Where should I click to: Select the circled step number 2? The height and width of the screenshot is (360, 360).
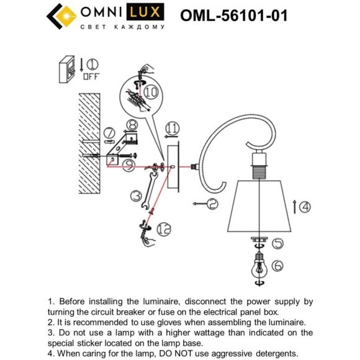point(212,203)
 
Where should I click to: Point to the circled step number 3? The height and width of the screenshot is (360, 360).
point(136,197)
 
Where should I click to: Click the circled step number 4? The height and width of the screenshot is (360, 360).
point(304,207)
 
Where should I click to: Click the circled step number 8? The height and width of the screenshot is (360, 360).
point(151,92)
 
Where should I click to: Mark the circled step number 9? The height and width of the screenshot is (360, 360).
point(172,128)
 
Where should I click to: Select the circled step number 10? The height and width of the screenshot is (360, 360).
point(164,230)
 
